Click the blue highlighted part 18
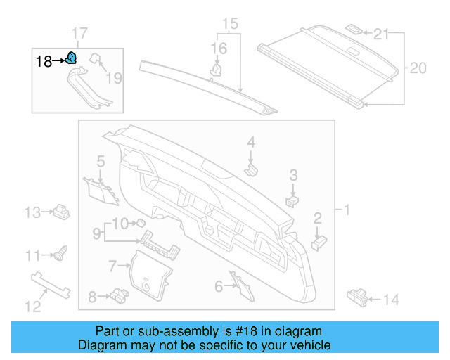[x=71, y=59]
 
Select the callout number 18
[x=44, y=61]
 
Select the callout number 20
[x=418, y=68]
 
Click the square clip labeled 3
[x=292, y=200]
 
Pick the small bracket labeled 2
[x=319, y=241]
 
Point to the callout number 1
[x=346, y=210]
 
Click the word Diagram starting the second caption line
[x=102, y=345]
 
